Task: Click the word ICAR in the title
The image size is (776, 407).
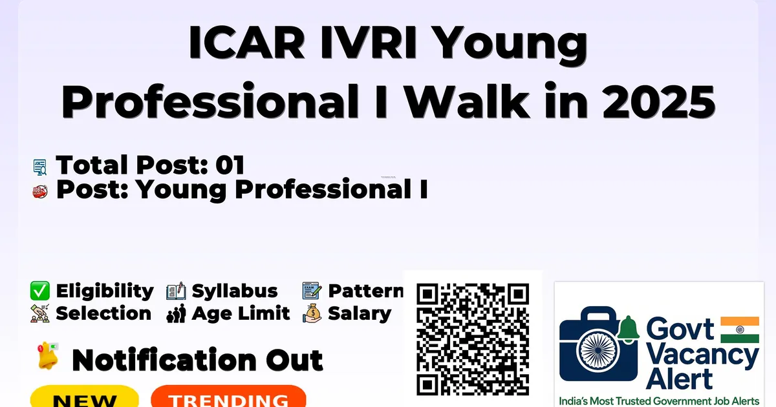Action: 246,42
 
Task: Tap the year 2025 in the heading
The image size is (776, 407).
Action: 659,101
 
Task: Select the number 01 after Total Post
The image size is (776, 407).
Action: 230,165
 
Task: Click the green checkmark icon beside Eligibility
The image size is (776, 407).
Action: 40,290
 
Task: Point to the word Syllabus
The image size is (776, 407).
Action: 235,291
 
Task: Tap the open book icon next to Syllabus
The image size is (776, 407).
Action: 176,291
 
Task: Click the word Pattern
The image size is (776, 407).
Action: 366,291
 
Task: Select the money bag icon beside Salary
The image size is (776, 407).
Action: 312,313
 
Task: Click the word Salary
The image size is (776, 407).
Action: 360,314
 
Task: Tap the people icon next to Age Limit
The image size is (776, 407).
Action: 176,313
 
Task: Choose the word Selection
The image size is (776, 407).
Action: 103,313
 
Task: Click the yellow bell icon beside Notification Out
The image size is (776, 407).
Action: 48,355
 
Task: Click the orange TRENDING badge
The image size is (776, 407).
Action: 229,397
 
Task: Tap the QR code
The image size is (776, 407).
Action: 473,339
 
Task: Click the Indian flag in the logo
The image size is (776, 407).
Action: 740,329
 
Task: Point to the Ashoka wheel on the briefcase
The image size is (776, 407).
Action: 598,350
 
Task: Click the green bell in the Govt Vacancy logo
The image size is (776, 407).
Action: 628,329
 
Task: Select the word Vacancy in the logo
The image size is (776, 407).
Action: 702,357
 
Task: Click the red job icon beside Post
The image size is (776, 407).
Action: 40,191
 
